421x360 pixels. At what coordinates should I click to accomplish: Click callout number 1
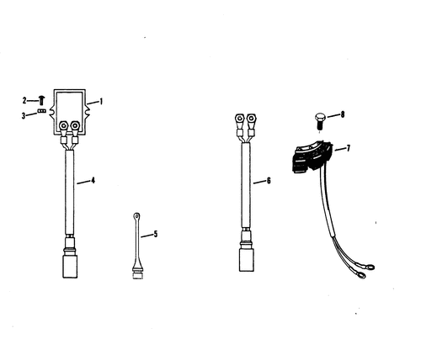(101, 101)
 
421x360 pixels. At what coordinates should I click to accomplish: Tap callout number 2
(24, 100)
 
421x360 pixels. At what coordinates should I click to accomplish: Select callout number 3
(24, 116)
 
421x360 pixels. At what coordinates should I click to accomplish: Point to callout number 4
(93, 181)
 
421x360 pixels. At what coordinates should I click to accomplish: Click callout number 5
(156, 234)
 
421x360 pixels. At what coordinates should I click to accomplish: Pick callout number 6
(269, 181)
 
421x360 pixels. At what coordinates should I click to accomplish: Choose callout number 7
(349, 148)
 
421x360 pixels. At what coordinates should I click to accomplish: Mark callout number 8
(343, 114)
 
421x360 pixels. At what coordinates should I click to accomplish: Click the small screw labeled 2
(42, 100)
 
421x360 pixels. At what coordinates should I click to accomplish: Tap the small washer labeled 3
(41, 111)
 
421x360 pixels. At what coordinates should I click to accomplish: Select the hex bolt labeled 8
(319, 121)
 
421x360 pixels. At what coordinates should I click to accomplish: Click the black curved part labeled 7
(312, 156)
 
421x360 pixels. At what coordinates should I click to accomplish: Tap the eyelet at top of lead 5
(136, 216)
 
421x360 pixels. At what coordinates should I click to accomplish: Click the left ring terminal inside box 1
(63, 125)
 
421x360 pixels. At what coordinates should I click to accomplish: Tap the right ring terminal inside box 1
(75, 125)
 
